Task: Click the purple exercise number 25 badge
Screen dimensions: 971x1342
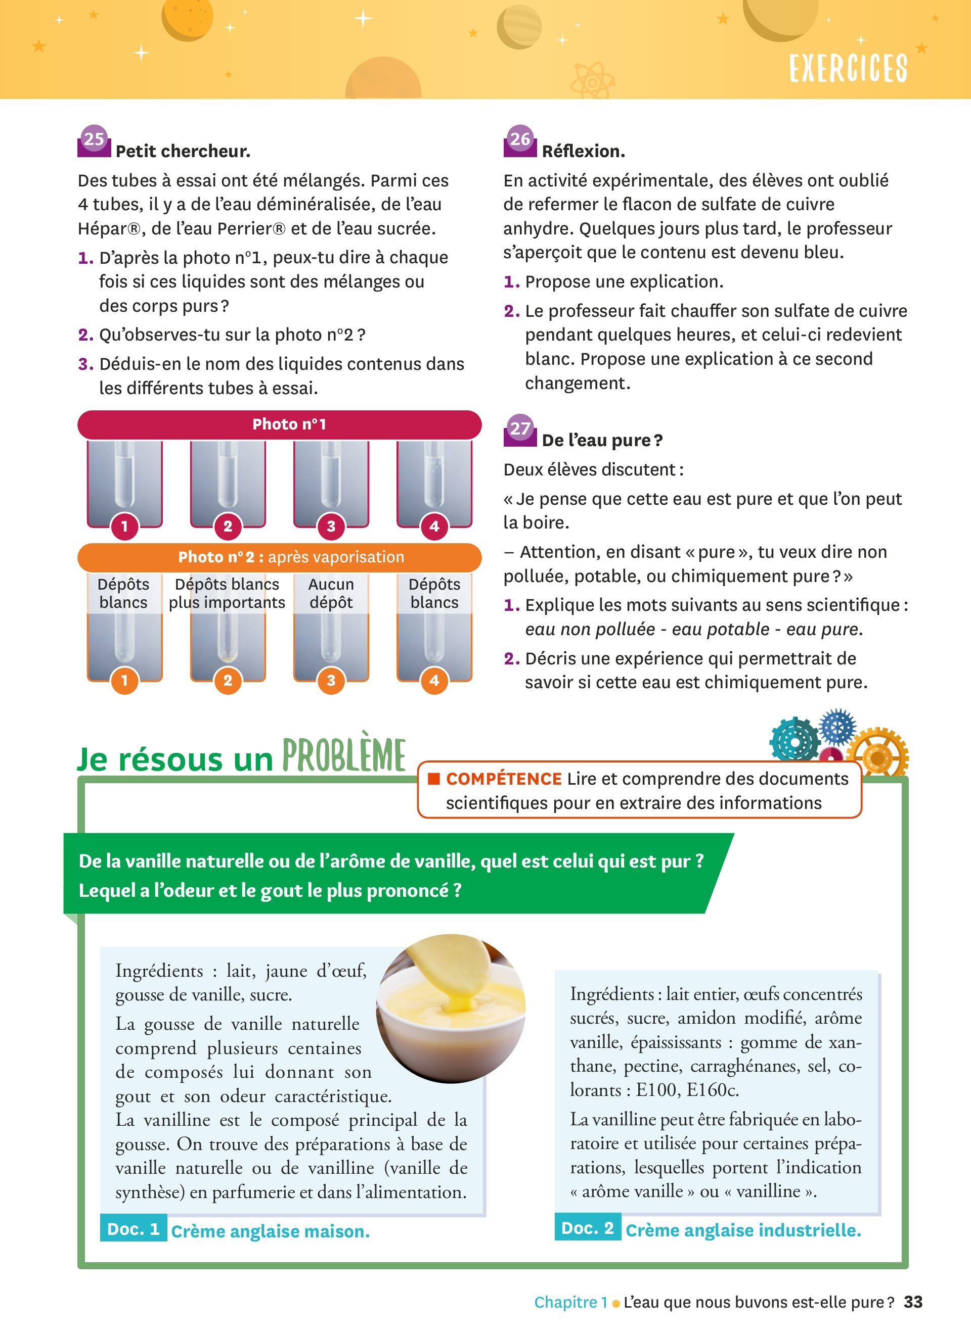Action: point(94,141)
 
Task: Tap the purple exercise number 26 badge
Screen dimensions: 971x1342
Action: point(520,141)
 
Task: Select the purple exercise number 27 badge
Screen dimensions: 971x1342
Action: point(520,429)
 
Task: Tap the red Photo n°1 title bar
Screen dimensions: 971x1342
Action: point(280,424)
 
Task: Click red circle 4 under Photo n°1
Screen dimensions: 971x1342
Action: point(434,526)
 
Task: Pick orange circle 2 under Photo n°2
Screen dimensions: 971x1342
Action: point(228,681)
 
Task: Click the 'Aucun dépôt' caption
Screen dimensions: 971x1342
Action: point(331,593)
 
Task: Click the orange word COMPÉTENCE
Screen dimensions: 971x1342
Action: point(504,779)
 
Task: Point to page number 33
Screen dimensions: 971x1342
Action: point(913,1302)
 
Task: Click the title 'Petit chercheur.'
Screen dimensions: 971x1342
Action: point(183,152)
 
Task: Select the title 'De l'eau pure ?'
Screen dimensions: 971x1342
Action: point(602,440)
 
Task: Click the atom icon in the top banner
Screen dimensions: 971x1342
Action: point(593,80)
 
